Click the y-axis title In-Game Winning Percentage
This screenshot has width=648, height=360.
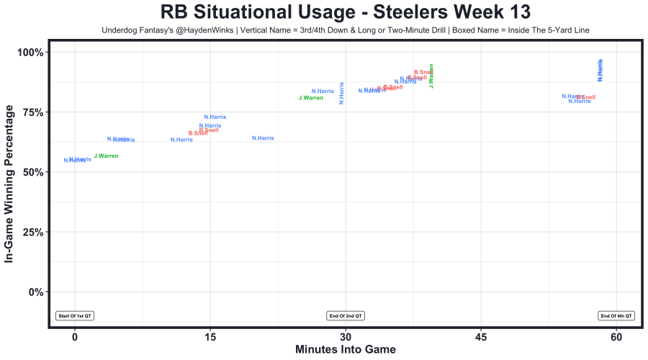(x=10, y=183)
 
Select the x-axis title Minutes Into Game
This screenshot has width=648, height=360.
(x=346, y=349)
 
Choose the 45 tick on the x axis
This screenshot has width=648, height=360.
(x=482, y=337)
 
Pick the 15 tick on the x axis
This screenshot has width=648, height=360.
(x=210, y=337)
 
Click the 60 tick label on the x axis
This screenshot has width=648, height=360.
(x=617, y=337)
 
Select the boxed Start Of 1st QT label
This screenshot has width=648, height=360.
(x=76, y=315)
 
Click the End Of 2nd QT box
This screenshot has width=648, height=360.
(x=346, y=315)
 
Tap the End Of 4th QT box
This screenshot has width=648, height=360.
(x=616, y=315)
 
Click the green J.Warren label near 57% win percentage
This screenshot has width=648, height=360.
(x=106, y=156)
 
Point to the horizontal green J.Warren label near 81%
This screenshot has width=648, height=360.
(x=311, y=98)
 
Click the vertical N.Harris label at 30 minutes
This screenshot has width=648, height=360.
(x=342, y=93)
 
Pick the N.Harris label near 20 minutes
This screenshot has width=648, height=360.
(x=263, y=138)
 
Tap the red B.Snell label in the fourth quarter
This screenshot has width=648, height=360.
(x=585, y=97)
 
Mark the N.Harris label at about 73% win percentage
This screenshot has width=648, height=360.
(x=215, y=117)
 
